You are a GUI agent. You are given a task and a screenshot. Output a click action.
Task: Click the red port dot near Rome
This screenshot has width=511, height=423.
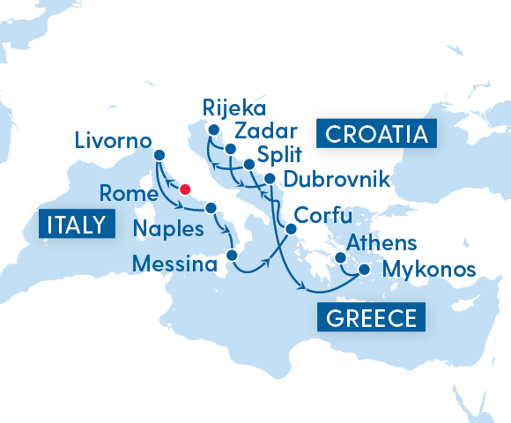pos(185,189)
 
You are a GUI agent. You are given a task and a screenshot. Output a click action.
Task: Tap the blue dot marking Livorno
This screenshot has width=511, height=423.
pos(159,155)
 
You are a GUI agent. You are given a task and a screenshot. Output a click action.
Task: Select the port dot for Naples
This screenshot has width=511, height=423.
pos(211,209)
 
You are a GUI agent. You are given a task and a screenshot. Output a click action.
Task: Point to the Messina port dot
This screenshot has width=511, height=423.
pos(231,256)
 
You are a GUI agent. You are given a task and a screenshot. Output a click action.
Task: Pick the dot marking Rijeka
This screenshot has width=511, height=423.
pos(212,132)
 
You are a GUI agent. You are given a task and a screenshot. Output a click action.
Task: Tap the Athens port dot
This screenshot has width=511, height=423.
pos(340,258)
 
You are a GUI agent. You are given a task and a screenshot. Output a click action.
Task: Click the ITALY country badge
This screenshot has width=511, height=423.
pos(78,225)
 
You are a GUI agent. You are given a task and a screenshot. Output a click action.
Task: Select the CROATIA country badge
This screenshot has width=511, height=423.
pos(379,134)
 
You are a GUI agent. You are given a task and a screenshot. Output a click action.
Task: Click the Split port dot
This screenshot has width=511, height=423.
pos(248,165)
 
